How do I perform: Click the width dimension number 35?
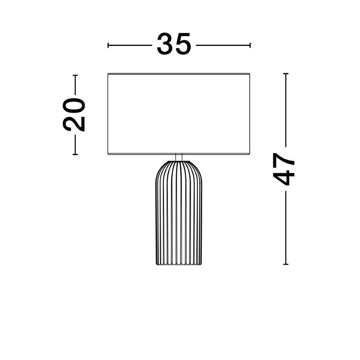[174, 44]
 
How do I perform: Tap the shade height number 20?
[74, 115]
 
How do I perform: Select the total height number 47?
[283, 169]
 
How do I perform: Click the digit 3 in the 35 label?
[165, 44]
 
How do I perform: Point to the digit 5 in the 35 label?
[183, 44]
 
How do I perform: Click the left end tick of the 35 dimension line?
[108, 45]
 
